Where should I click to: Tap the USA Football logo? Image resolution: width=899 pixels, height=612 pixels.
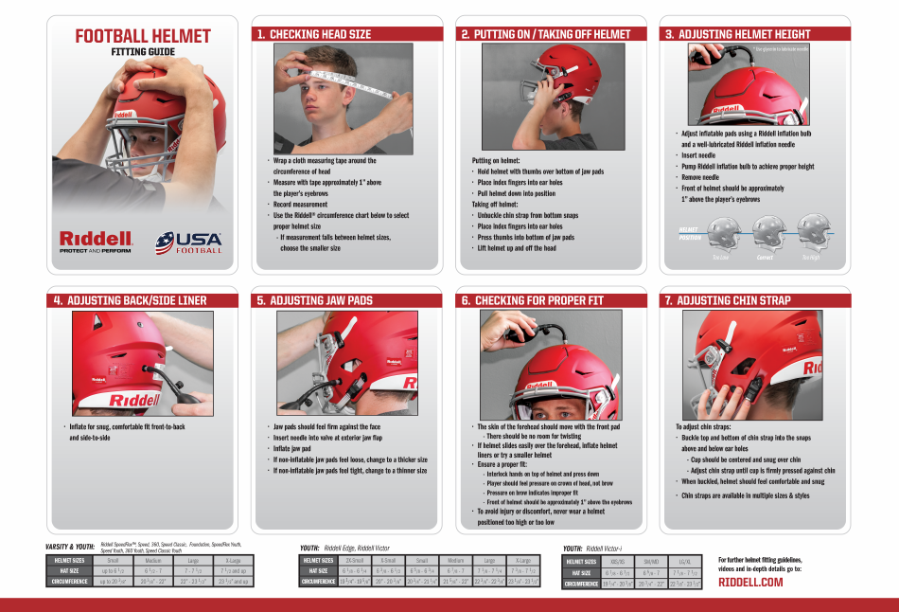(x=190, y=243)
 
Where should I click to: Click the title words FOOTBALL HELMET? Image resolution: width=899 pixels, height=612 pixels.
(x=143, y=37)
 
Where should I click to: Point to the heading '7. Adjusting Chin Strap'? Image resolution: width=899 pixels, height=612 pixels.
(x=727, y=300)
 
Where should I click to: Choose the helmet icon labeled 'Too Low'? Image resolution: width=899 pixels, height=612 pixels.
(x=723, y=230)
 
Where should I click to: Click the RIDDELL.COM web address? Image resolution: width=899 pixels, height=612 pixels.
(x=750, y=582)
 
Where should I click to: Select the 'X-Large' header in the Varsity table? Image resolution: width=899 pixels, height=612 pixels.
(x=233, y=561)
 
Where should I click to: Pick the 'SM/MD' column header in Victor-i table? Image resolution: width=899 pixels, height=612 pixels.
(x=650, y=562)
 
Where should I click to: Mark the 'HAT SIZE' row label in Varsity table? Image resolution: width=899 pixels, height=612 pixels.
(x=67, y=571)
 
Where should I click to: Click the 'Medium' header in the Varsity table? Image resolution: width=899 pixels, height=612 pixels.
(x=153, y=561)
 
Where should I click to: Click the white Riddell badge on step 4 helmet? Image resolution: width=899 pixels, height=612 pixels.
(x=134, y=400)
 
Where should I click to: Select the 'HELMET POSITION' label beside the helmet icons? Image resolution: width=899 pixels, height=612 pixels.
(x=690, y=233)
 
